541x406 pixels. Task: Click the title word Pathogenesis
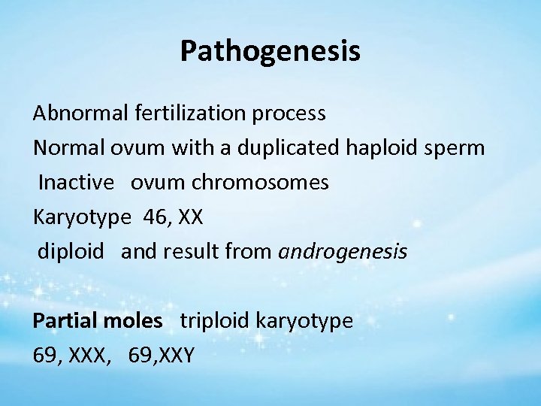pyautogui.click(x=270, y=51)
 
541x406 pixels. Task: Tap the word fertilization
pyautogui.click(x=185, y=113)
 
